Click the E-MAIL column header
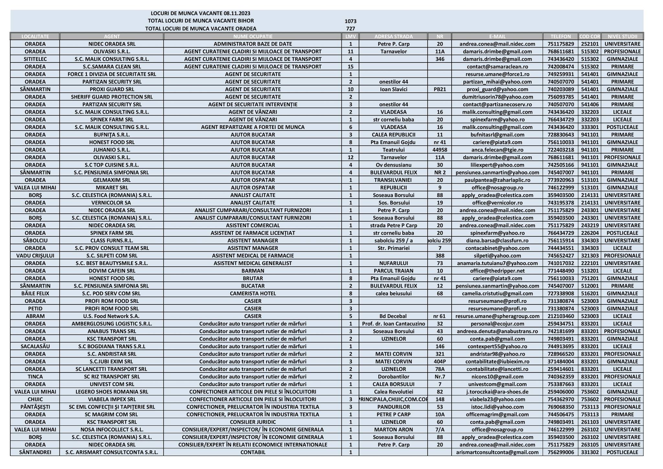point(497,36)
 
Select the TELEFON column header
point(560,36)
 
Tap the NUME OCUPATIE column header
point(253,36)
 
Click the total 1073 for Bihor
point(350,21)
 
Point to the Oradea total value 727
point(350,29)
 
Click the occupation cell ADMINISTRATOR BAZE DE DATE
point(253,44)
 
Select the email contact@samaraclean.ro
point(497,67)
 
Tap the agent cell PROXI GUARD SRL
point(112,89)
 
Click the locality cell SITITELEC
point(35,59)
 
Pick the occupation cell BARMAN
point(253,271)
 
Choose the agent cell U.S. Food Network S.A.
point(112,316)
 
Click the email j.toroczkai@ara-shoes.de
point(497,392)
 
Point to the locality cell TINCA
point(35,377)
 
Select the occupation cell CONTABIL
point(253,452)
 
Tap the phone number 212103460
point(560,316)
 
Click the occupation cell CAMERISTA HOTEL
point(253,293)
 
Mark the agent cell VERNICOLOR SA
point(112,203)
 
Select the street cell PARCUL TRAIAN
point(393,271)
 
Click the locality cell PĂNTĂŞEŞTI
point(35,407)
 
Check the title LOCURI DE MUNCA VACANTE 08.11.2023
point(200,14)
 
